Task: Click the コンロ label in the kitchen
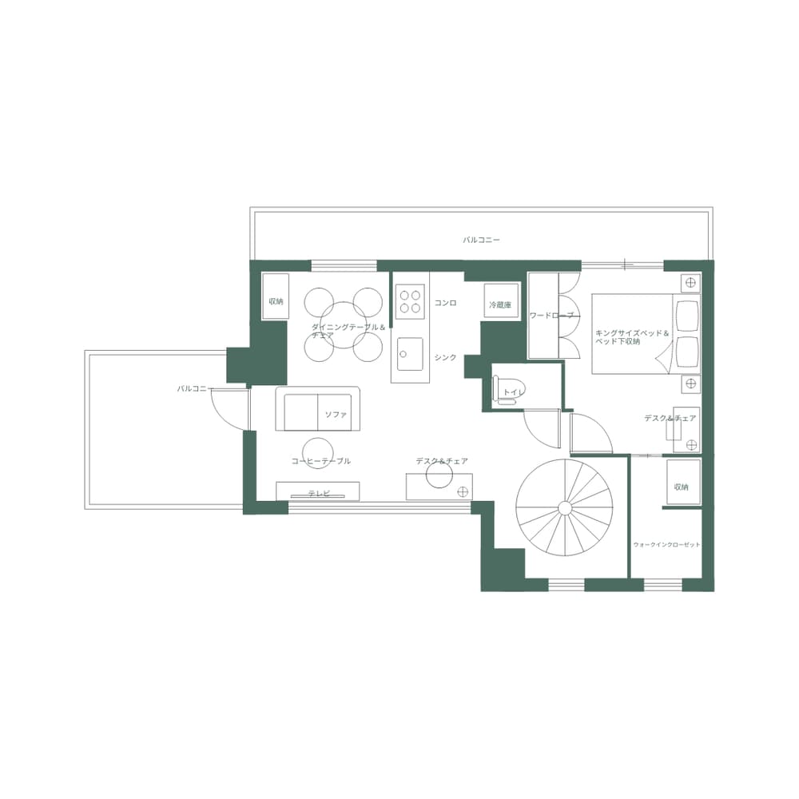[445, 304]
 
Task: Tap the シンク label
[445, 357]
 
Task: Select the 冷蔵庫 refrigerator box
[500, 304]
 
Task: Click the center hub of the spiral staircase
[564, 507]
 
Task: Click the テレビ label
[319, 493]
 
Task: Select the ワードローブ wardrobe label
[551, 316]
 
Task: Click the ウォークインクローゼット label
[666, 544]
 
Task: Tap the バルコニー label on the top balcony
[481, 240]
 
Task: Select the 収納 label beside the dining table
[276, 301]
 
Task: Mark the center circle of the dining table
[343, 324]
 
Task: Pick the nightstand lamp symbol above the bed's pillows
[690, 282]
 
